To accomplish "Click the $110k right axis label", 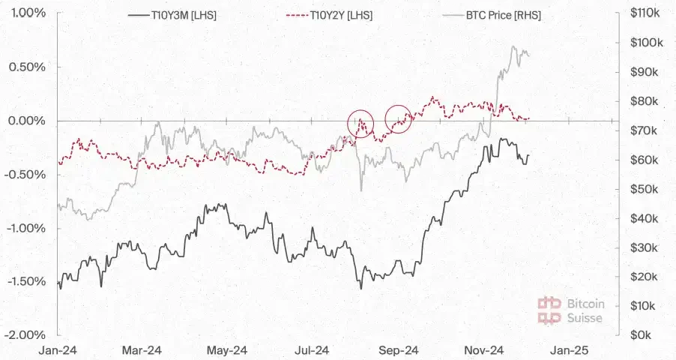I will [x=645, y=13].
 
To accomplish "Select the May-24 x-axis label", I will [x=228, y=350].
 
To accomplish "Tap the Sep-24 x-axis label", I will [x=399, y=350].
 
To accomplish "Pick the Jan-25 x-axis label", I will [x=570, y=350].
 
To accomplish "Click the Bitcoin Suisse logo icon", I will [x=550, y=310].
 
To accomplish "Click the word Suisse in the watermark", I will [x=585, y=318].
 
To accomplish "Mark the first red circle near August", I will [x=360, y=123].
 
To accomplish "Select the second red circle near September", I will [x=399, y=118].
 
